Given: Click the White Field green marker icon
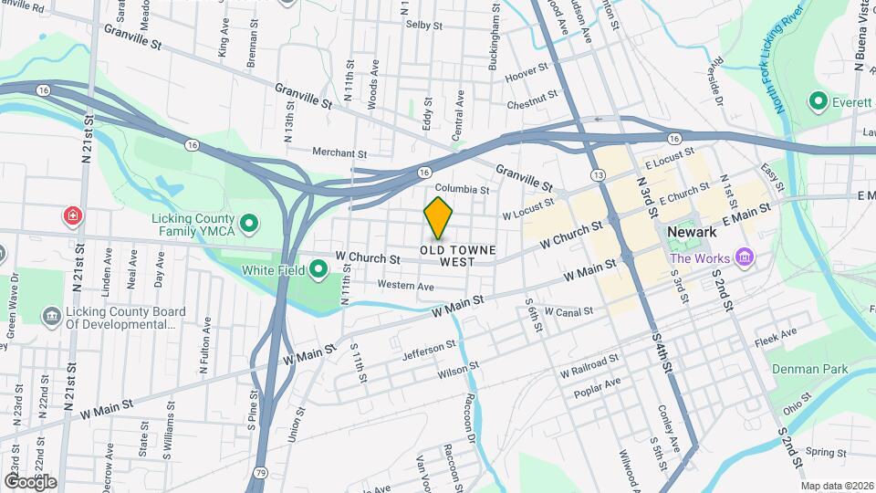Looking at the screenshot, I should (318, 269).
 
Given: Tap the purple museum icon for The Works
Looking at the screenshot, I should (746, 258).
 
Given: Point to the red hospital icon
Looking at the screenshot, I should (73, 216).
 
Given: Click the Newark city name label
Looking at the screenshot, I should (691, 233).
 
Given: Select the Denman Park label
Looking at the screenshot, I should (809, 369).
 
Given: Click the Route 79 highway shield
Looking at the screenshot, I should (262, 472).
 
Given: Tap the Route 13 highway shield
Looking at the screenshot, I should (598, 173).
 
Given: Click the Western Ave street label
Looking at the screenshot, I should (405, 287).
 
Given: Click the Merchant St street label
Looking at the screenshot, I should (339, 153).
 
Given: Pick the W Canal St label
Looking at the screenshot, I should (568, 311).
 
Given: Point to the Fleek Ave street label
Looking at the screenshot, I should (776, 339).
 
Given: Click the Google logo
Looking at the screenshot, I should (29, 481).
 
